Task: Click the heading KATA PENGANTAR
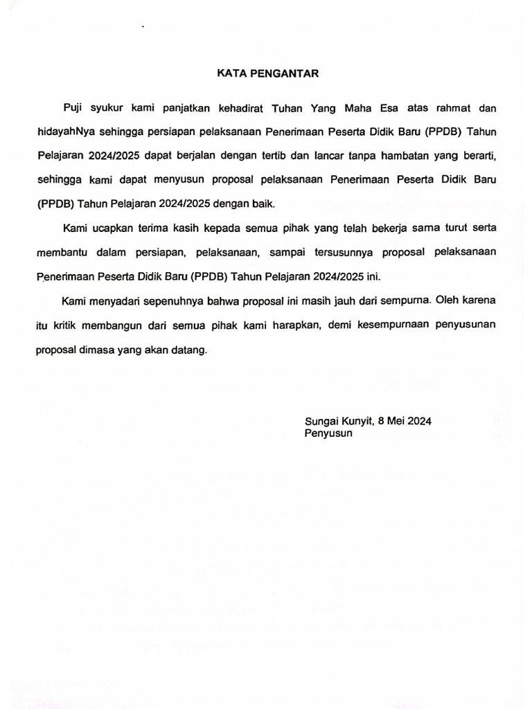266,72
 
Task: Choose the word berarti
478,156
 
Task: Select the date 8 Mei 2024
405,421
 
